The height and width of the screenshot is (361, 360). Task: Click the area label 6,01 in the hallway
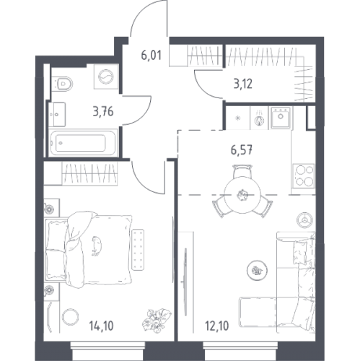coord(151,56)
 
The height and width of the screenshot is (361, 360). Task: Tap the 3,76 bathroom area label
coord(103,112)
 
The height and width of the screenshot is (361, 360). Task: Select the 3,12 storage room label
coord(243,84)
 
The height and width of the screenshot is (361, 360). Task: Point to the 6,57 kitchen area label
coord(242,151)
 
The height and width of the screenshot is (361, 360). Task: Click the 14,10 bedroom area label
coord(101,326)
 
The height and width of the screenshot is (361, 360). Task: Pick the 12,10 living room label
coord(217,326)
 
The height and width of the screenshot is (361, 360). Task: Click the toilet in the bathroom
coord(62,84)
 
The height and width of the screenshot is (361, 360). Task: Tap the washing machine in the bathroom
coord(106,77)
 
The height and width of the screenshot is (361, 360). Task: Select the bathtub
coord(83,143)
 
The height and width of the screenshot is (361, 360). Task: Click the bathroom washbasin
coord(57,115)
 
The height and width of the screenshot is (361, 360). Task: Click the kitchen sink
coord(281,118)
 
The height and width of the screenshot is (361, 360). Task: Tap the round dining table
coord(242,194)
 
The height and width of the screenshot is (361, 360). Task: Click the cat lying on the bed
coord(97,245)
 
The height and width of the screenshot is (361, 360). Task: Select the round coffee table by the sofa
coord(257,271)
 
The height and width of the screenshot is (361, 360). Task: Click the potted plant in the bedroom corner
coord(157,320)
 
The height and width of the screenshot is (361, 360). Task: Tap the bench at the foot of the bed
coord(138,250)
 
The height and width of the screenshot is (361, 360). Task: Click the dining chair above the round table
coord(242,171)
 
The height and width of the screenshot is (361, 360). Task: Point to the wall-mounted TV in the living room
coord(185,282)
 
